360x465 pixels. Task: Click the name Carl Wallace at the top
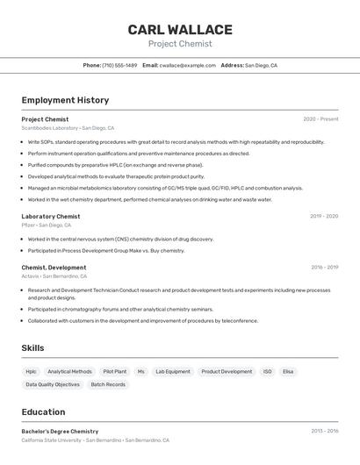[x=180, y=30]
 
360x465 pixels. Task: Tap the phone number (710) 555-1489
[x=119, y=65]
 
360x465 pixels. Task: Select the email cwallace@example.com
[x=186, y=65]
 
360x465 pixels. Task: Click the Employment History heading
[x=65, y=100]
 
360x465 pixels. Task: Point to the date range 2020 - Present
[x=320, y=119]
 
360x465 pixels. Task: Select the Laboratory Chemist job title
[x=51, y=216]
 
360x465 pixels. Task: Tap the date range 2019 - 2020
[x=324, y=216]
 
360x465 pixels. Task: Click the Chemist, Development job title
[x=54, y=267]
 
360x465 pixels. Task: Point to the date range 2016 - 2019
[x=324, y=267]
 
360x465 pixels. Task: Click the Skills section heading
[x=32, y=348]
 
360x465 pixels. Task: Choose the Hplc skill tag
[x=31, y=371]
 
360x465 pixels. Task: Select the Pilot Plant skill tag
[x=114, y=371]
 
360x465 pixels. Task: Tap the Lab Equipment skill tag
[x=173, y=371]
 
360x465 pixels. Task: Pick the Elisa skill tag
[x=288, y=371]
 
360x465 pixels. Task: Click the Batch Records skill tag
[x=108, y=384]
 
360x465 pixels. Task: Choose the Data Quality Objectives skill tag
[x=53, y=384]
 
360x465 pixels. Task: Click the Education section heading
[x=43, y=411]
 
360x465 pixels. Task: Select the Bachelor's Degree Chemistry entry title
[x=60, y=432]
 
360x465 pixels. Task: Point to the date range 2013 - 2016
[x=324, y=432]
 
